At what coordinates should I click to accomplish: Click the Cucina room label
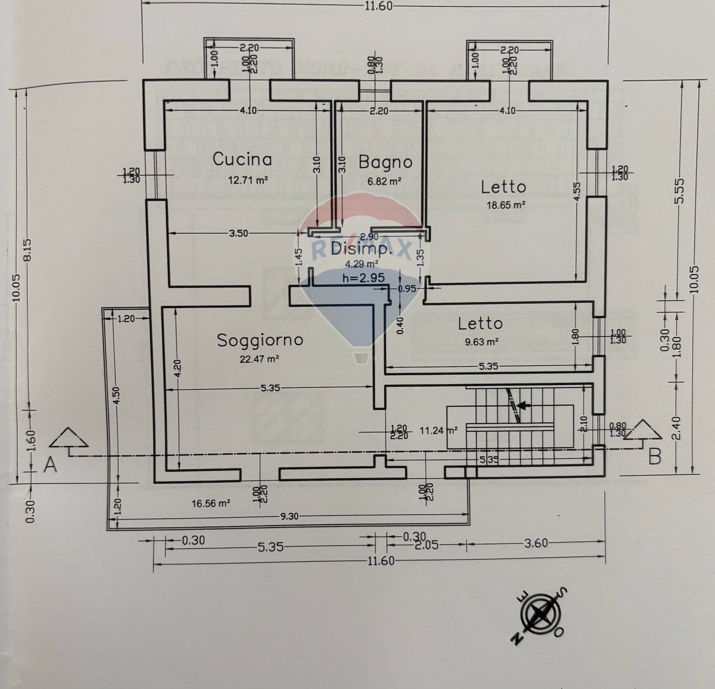(242, 159)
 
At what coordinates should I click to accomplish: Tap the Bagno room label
(385, 162)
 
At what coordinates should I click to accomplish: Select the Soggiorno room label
(260, 340)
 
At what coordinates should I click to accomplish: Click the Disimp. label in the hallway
(361, 248)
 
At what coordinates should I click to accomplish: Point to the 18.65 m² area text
(506, 205)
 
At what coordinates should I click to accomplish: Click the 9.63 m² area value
(482, 342)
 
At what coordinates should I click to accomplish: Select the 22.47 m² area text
(260, 359)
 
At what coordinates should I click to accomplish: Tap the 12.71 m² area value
(248, 180)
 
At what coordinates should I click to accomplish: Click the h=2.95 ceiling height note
(363, 278)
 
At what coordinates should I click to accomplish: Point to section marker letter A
(50, 466)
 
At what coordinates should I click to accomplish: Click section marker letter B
(655, 457)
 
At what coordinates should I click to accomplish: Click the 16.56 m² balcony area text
(211, 504)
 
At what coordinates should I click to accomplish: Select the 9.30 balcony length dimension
(289, 517)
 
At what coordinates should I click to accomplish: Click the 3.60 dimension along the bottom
(536, 543)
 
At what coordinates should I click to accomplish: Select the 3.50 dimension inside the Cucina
(238, 233)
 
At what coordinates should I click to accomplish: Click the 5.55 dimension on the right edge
(679, 191)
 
